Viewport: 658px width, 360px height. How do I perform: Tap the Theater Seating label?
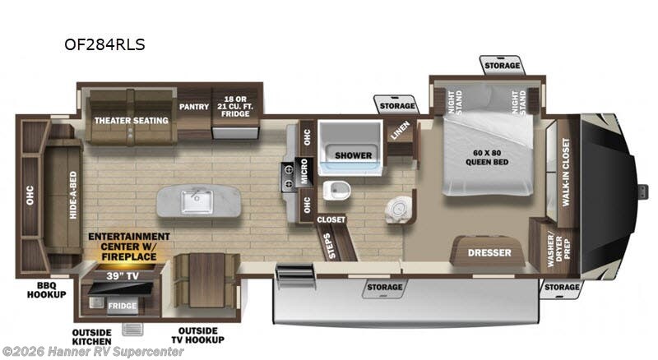131,121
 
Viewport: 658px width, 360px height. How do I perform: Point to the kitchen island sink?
198,198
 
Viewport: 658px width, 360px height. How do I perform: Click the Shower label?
353,155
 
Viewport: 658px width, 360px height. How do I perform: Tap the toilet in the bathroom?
336,191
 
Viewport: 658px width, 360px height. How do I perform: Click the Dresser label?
489,252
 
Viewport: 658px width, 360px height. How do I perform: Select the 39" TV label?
123,275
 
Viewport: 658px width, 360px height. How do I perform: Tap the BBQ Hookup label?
45,290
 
